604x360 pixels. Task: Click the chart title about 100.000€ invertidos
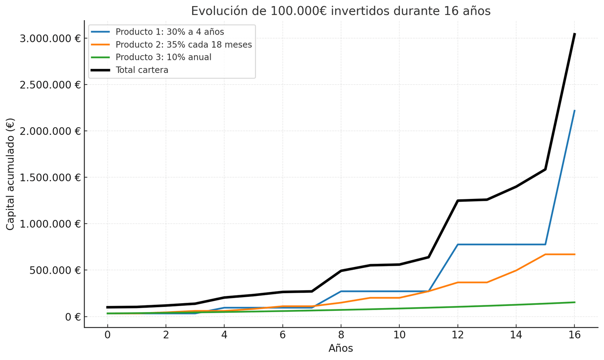coord(341,11)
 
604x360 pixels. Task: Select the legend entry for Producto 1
coord(170,32)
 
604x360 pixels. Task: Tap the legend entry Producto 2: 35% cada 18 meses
coord(183,45)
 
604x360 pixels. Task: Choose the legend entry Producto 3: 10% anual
coord(163,57)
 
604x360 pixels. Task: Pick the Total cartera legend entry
coord(142,70)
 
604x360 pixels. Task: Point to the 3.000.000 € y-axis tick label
coord(50,39)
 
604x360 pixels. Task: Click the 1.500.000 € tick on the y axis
coord(50,178)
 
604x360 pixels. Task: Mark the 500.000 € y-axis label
coord(56,270)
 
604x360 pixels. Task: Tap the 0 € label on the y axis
coord(72,317)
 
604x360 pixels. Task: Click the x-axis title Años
coord(341,348)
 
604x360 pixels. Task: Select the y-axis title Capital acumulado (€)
coord(10,174)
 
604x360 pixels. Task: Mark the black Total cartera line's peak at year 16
coord(574,34)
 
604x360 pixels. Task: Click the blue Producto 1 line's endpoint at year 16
coord(574,110)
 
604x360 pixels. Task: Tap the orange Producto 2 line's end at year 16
coord(574,254)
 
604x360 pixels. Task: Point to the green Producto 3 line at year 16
coord(574,302)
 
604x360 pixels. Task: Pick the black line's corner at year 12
coord(458,201)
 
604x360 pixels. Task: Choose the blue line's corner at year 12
coord(458,244)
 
